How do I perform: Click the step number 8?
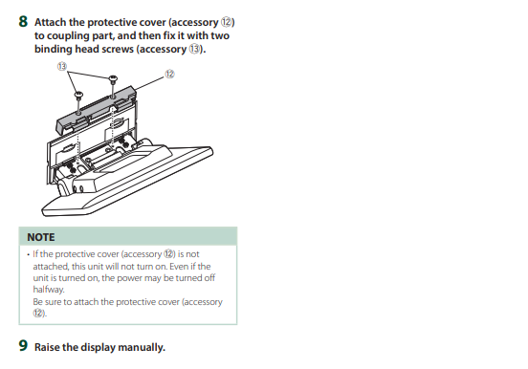tap(23, 22)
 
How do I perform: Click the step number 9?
tap(23, 346)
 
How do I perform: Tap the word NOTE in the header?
tap(41, 237)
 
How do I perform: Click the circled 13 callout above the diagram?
tap(62, 66)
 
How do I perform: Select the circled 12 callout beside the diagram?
tap(169, 74)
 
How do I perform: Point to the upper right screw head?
tap(113, 78)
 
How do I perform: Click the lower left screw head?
tap(78, 95)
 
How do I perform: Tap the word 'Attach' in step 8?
tap(50, 22)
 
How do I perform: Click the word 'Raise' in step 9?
tap(47, 347)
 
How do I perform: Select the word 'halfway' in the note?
tap(48, 290)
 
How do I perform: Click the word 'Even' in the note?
tap(179, 267)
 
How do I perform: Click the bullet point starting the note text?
tap(29, 254)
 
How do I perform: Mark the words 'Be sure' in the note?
tap(48, 302)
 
